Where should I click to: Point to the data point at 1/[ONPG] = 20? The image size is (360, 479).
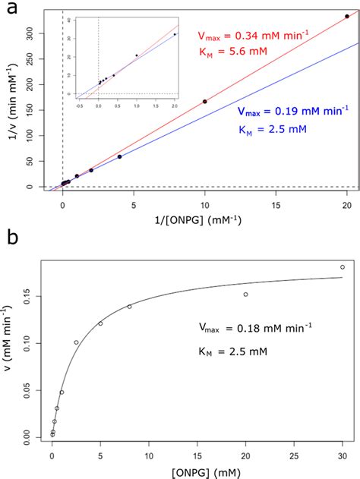pyautogui.click(x=347, y=16)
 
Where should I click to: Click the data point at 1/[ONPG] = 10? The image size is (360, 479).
pyautogui.click(x=205, y=101)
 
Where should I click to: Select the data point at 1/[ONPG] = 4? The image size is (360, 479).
pyautogui.click(x=119, y=156)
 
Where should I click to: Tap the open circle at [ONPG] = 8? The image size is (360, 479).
pyautogui.click(x=129, y=307)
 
